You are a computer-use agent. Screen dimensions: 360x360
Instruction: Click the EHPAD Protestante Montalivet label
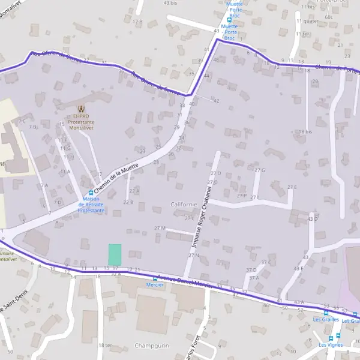83,120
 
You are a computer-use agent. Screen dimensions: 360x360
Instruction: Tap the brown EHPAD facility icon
83,108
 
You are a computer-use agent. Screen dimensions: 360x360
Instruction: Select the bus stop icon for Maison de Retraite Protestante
91,193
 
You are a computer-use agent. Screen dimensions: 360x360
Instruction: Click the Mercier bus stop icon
155,278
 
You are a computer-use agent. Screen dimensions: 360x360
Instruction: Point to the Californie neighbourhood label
184,204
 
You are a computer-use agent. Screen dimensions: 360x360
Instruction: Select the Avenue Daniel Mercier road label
185,281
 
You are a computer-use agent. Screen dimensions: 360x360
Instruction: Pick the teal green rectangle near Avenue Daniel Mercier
115,253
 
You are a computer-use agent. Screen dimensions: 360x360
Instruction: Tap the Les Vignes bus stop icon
338,336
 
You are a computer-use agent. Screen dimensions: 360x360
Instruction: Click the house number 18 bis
306,131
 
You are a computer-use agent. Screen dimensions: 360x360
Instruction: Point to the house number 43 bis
170,3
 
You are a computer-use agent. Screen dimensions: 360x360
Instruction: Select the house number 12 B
137,22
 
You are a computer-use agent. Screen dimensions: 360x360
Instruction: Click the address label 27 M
160,228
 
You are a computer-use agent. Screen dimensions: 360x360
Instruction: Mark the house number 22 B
128,202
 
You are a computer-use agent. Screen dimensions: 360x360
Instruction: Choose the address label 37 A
254,277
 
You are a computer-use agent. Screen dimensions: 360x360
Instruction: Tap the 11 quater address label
307,20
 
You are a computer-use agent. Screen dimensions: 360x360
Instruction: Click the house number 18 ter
106,345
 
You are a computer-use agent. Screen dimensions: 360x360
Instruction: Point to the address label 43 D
312,219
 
